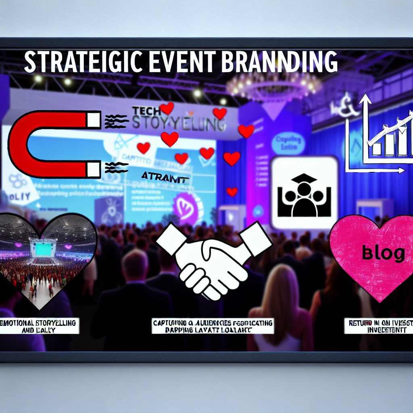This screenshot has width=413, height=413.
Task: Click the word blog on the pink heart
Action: point(383,253)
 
